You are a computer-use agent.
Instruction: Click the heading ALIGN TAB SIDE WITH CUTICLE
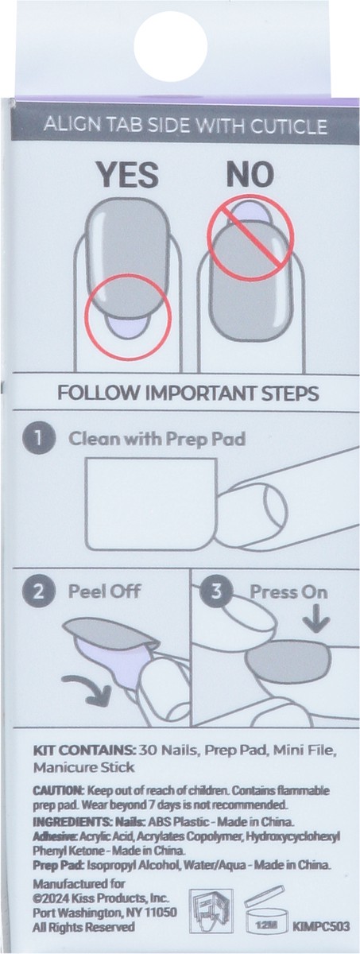pos(185,126)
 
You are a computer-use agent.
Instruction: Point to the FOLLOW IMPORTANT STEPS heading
pos(188,393)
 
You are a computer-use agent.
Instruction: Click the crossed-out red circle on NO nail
pos(250,232)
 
